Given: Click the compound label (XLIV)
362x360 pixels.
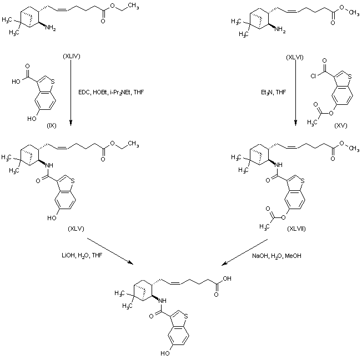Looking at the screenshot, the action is point(72,56).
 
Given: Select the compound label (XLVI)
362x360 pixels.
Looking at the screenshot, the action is point(295,58).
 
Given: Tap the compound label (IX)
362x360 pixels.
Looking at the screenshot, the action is point(52,126).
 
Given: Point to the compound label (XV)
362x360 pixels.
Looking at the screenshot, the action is point(341,125).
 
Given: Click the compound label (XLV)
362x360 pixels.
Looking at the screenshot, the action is point(76,229).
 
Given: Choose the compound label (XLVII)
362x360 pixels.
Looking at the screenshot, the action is point(296,229).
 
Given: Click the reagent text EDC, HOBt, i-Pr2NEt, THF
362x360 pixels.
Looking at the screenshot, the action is point(111,93).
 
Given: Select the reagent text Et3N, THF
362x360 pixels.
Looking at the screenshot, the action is point(273,93).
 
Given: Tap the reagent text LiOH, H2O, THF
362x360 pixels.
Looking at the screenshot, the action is point(82,256).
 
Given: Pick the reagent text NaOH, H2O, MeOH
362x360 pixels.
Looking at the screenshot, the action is point(276,256).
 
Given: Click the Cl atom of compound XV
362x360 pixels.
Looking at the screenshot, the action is point(313,76).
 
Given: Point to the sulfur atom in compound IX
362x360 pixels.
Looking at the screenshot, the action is point(53,82).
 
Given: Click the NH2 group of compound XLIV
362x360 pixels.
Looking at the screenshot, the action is point(51,28).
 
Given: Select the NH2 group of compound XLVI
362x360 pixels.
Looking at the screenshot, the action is point(280,30).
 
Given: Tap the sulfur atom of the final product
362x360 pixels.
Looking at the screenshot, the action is point(187,316).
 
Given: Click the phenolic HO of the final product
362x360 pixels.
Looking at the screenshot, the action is point(165,353).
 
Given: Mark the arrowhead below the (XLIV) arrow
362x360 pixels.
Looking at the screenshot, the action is point(71,123).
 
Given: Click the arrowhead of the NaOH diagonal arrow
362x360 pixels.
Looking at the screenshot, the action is point(224,263).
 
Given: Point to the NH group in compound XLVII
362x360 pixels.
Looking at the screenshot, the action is point(279,165).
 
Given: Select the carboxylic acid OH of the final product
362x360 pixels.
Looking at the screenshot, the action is point(227,278).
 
